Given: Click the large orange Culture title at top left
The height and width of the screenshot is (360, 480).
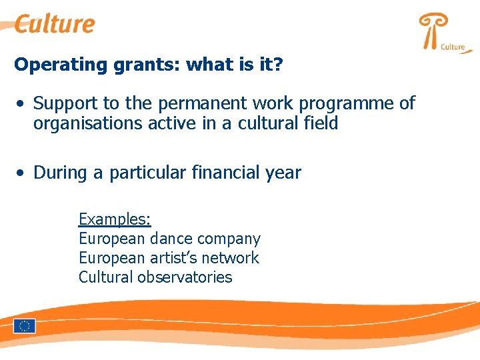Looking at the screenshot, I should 55,24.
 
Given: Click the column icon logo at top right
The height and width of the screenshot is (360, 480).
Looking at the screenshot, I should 433,31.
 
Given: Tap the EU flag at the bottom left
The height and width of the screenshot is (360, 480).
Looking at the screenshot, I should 25,326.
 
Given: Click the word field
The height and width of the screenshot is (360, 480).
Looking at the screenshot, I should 319,123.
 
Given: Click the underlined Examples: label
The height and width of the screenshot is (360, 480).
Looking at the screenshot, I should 115,219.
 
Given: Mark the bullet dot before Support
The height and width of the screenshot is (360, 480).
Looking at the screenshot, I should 22,104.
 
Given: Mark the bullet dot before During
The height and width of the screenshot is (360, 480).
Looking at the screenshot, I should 22,173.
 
